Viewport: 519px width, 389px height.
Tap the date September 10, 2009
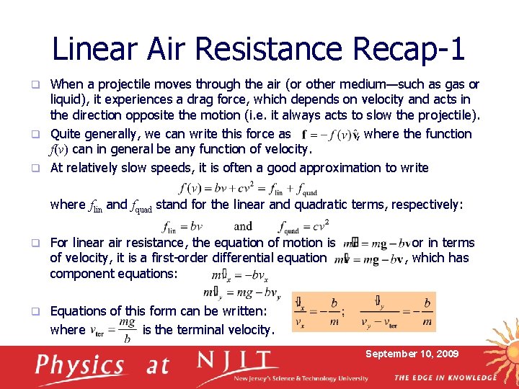pos(412,354)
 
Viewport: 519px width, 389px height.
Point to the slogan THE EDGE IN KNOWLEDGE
pos(445,377)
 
